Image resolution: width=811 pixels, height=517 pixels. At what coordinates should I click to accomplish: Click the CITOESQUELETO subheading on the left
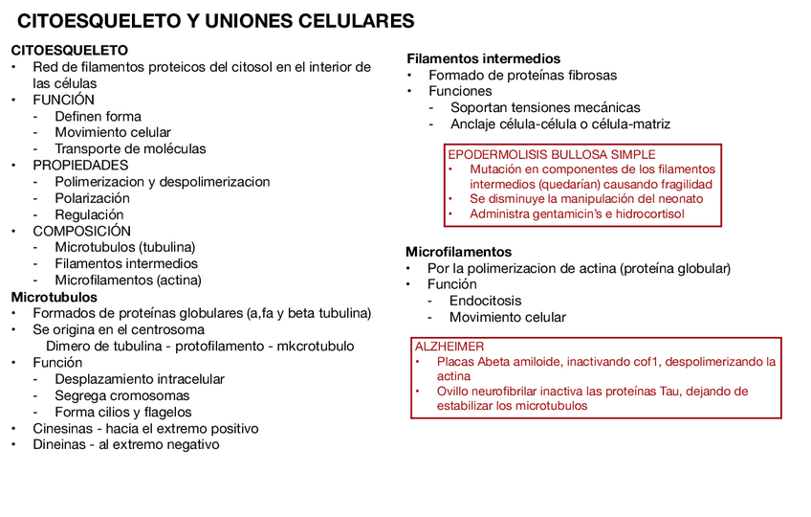pos(69,50)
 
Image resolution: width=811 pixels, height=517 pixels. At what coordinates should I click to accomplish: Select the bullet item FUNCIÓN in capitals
pos(63,100)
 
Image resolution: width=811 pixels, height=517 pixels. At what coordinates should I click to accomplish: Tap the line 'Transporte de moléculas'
pos(130,148)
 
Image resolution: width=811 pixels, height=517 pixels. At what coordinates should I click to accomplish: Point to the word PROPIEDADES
pos(80,165)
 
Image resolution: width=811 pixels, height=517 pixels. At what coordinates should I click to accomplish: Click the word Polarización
pos(92,198)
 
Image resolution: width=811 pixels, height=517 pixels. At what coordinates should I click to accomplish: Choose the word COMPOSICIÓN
pos(83,231)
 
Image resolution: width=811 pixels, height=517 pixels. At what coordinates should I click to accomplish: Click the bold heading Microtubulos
pos(54,297)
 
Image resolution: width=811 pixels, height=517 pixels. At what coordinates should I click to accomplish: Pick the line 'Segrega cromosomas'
pos(121,395)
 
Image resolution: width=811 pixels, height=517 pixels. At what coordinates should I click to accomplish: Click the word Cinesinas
pos(62,428)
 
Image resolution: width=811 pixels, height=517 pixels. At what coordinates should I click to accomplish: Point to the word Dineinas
pos(60,444)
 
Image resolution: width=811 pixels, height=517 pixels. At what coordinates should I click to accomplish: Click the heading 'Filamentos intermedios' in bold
pos(483,58)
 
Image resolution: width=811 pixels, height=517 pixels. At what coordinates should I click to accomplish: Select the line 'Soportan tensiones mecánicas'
pos(545,107)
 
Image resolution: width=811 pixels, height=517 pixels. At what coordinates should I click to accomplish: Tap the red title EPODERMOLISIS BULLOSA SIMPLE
pos(552,154)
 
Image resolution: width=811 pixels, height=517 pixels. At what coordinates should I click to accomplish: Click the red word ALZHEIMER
pos(449,346)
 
